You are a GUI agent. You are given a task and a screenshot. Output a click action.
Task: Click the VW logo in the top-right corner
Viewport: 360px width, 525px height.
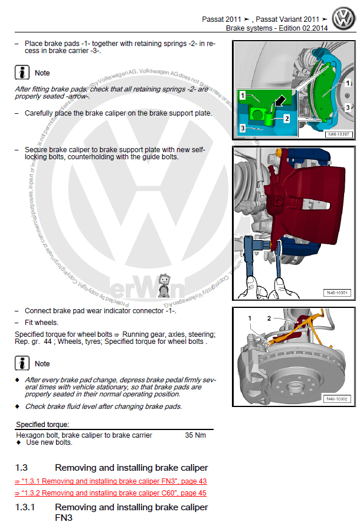pos(343,18)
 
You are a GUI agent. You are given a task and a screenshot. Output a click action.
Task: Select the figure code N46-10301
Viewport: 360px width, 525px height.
pos(337,293)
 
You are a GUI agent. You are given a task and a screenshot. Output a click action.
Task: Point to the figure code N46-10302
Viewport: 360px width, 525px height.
pos(337,399)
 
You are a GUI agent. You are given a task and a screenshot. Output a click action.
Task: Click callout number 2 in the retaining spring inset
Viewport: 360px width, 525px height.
pos(287,118)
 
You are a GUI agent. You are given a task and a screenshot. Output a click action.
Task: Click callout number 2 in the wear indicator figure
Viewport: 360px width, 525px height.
pos(269,318)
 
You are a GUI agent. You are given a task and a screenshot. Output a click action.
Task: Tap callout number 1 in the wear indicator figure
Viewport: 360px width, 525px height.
pos(250,319)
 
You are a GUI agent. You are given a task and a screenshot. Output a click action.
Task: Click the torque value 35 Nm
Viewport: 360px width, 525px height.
pos(195,435)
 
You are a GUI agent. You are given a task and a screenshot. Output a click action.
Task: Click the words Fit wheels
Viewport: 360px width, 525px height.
pos(41,323)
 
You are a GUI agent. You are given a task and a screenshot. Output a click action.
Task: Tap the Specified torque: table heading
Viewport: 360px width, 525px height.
pos(42,424)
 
